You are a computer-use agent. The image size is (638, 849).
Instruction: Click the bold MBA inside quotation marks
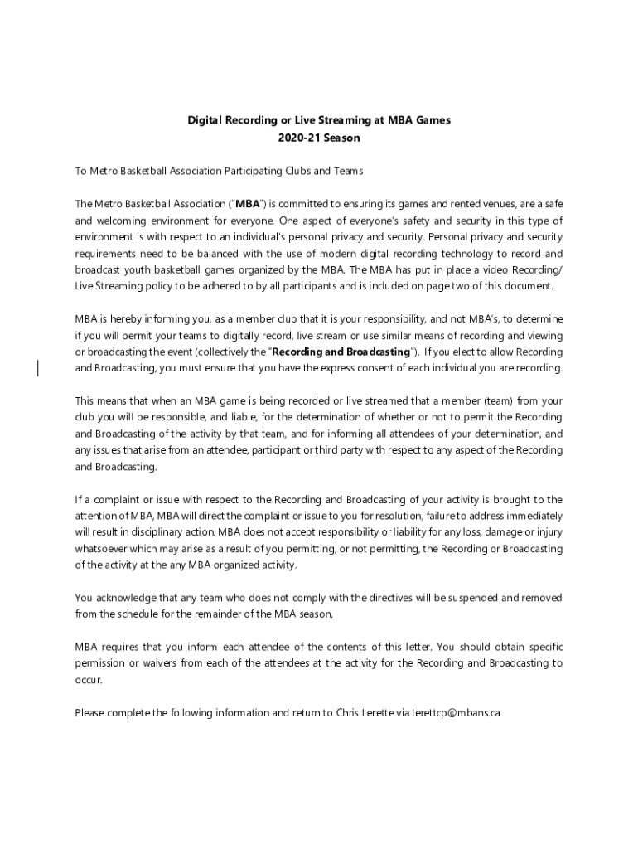pos(248,204)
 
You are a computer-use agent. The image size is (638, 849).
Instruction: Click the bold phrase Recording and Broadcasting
pos(346,352)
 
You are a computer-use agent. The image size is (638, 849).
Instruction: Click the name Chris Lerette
pos(364,712)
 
